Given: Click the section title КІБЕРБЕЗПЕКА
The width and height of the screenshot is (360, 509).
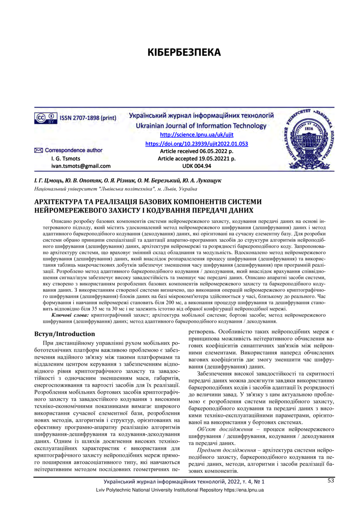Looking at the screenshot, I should click(184, 53).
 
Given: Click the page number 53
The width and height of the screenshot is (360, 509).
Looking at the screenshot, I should click(330, 481).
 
